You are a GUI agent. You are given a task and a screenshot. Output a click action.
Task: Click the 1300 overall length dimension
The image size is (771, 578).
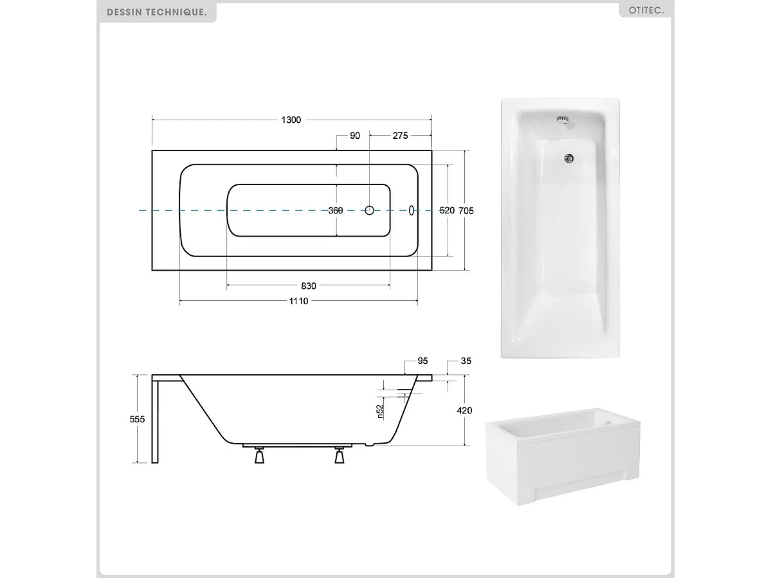pyautogui.click(x=291, y=120)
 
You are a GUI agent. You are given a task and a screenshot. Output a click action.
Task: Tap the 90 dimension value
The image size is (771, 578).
pyautogui.click(x=355, y=136)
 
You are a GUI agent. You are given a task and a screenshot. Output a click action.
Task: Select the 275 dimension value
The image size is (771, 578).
pyautogui.click(x=401, y=136)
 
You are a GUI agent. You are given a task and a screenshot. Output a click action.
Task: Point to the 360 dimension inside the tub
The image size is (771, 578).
pyautogui.click(x=336, y=210)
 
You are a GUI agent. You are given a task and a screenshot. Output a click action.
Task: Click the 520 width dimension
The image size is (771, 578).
pyautogui.click(x=447, y=210)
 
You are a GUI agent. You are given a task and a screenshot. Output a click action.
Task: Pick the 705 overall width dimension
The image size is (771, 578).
pyautogui.click(x=466, y=210)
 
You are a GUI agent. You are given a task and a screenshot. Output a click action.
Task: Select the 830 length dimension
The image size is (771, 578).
pyautogui.click(x=309, y=286)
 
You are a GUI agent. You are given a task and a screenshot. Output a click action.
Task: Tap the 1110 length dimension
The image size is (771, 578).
pyautogui.click(x=299, y=301)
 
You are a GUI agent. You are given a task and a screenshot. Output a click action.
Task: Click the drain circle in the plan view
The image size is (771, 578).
pyautogui.click(x=370, y=210)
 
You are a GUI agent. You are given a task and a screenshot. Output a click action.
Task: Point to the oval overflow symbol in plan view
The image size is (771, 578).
pyautogui.click(x=412, y=210)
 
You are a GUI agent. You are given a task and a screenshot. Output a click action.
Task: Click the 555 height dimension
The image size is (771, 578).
pyautogui.click(x=137, y=419)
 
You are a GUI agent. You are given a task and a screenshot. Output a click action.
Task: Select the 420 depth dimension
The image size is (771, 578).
pyautogui.click(x=464, y=410)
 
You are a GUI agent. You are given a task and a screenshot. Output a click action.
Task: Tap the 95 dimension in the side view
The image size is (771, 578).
pyautogui.click(x=422, y=361)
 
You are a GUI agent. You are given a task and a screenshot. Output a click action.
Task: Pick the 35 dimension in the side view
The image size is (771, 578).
pyautogui.click(x=466, y=361)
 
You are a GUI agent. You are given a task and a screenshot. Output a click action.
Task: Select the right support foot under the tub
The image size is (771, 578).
pyautogui.click(x=340, y=456)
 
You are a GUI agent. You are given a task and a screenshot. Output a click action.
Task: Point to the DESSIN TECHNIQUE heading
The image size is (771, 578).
pyautogui.click(x=157, y=12)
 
